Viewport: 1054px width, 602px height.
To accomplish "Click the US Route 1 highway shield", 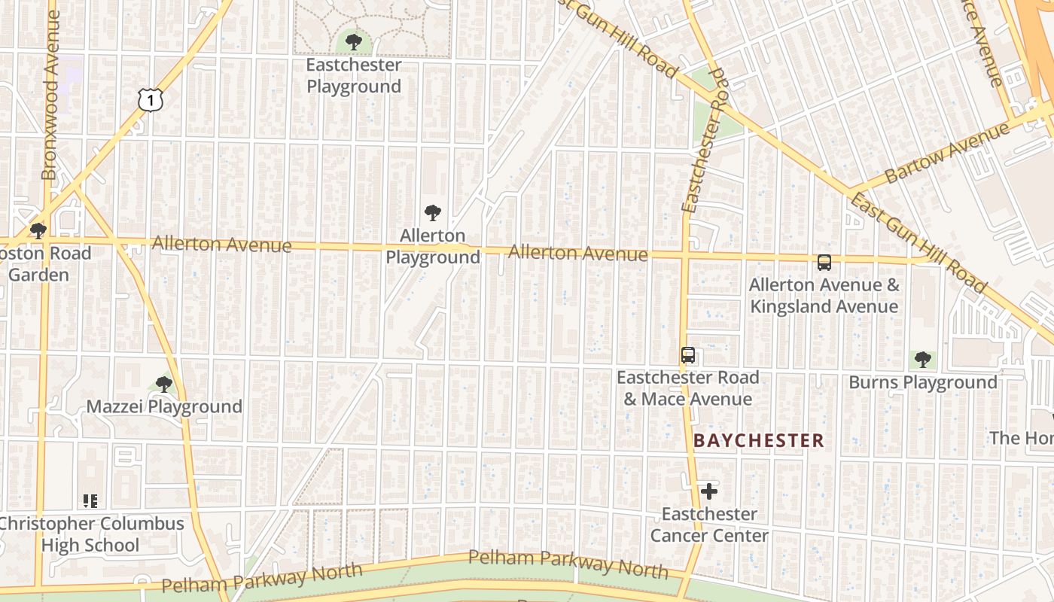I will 151,99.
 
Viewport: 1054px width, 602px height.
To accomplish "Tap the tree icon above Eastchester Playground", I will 353,41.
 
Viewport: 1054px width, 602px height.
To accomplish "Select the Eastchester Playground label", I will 353,76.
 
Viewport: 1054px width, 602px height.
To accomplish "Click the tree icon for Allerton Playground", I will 432,213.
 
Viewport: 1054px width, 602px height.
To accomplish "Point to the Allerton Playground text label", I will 432,247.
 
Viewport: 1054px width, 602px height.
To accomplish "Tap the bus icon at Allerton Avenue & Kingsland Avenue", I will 824,263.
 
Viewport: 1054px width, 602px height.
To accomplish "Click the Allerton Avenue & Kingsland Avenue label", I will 824,296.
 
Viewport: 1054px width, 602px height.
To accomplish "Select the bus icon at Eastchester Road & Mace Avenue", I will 687,355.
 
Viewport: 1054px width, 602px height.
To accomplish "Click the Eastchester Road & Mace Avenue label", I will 687,388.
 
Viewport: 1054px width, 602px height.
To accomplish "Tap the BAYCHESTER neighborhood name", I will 759,441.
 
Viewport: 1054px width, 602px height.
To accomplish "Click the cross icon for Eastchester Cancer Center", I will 708,491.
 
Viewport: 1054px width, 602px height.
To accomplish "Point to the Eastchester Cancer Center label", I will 708,525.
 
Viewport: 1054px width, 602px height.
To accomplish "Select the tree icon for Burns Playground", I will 922,359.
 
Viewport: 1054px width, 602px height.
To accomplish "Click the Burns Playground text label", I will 922,382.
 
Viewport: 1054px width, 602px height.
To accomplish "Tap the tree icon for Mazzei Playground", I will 163,385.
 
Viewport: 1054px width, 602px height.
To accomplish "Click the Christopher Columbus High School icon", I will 90,500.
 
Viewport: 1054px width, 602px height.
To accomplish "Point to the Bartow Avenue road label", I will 946,154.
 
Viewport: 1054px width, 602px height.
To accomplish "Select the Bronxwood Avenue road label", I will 50,94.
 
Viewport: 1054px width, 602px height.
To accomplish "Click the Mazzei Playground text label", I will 164,407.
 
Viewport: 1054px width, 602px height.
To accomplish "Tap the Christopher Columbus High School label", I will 90,534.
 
